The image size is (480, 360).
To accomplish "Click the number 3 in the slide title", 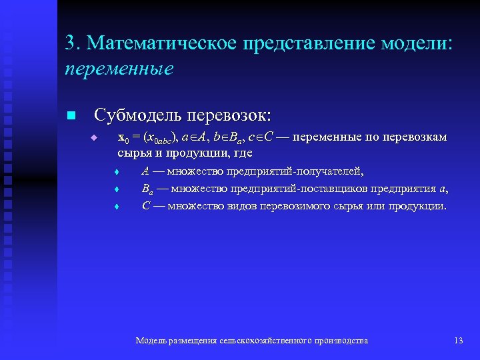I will click(x=70, y=43).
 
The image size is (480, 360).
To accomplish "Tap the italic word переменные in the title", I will click(x=119, y=68).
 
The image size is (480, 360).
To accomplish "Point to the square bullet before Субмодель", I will click(x=73, y=116).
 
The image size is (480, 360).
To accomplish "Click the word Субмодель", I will click(x=138, y=115).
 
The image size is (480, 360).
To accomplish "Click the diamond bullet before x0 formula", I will click(x=95, y=139).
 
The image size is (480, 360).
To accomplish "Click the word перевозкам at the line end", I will click(x=413, y=138).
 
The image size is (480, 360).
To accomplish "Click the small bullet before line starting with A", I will click(x=117, y=172).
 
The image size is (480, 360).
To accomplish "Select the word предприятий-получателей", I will click(x=295, y=171).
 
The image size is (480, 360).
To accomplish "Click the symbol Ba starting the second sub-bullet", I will click(x=147, y=189).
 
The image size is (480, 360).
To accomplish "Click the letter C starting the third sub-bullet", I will click(x=145, y=205).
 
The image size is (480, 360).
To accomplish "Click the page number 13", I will click(x=458, y=341).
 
